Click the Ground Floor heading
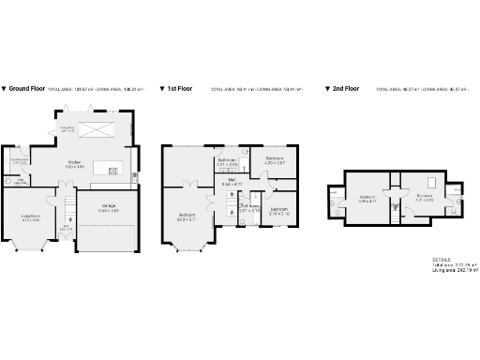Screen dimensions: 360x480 pos(26,89)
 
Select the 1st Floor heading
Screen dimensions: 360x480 pos(180,89)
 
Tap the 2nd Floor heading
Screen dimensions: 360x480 pos(345,89)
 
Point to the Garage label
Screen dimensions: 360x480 pos(109,210)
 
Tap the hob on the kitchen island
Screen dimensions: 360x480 pos(113,171)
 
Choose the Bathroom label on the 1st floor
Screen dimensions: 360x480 pos(228,162)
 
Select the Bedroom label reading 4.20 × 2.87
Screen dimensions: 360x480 pos(274,160)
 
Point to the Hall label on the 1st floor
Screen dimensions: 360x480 pos(230,183)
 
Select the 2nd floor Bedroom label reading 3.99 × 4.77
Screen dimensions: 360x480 pos(367,199)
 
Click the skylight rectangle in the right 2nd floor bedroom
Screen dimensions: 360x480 pos(432,181)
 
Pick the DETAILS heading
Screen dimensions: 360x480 pos(441,259)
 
